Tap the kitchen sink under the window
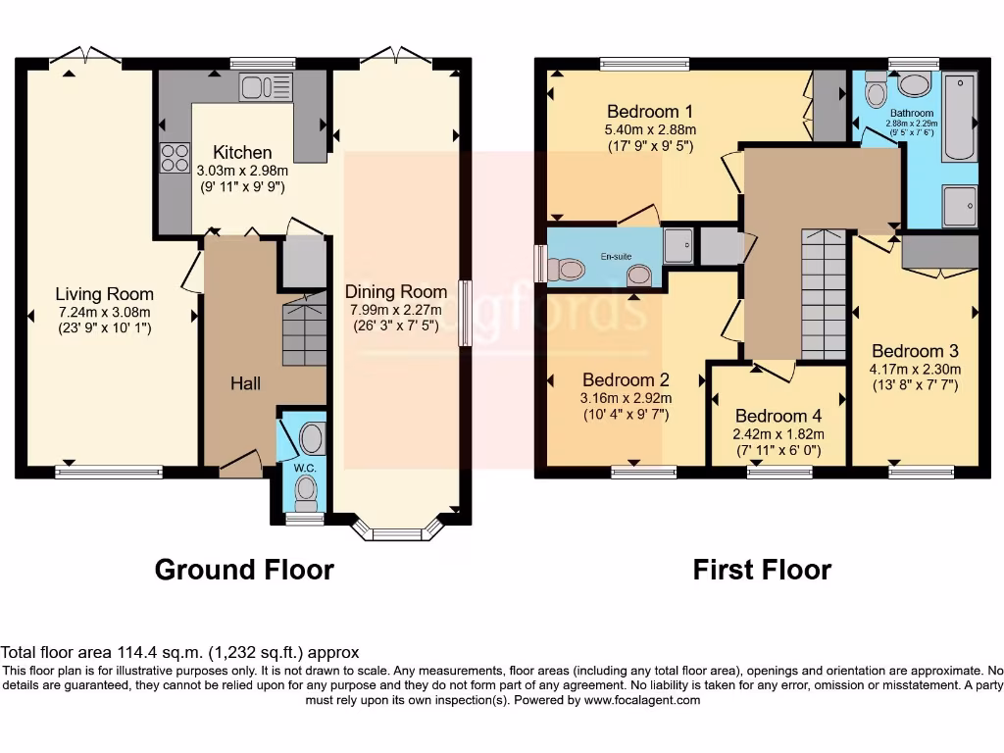(266, 88)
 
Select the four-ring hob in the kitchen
(175, 157)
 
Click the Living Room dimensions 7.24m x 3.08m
(104, 313)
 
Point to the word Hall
(245, 383)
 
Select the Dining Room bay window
(398, 533)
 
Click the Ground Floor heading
(244, 570)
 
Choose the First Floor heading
(762, 570)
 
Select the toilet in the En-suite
(565, 268)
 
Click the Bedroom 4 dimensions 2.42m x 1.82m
(778, 433)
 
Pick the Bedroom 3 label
(914, 351)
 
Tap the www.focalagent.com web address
(640, 700)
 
